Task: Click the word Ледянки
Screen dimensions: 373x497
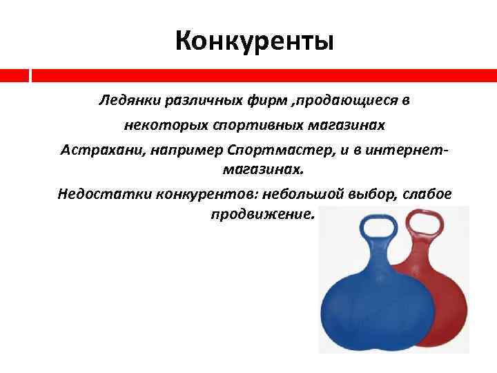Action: [x=128, y=102]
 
